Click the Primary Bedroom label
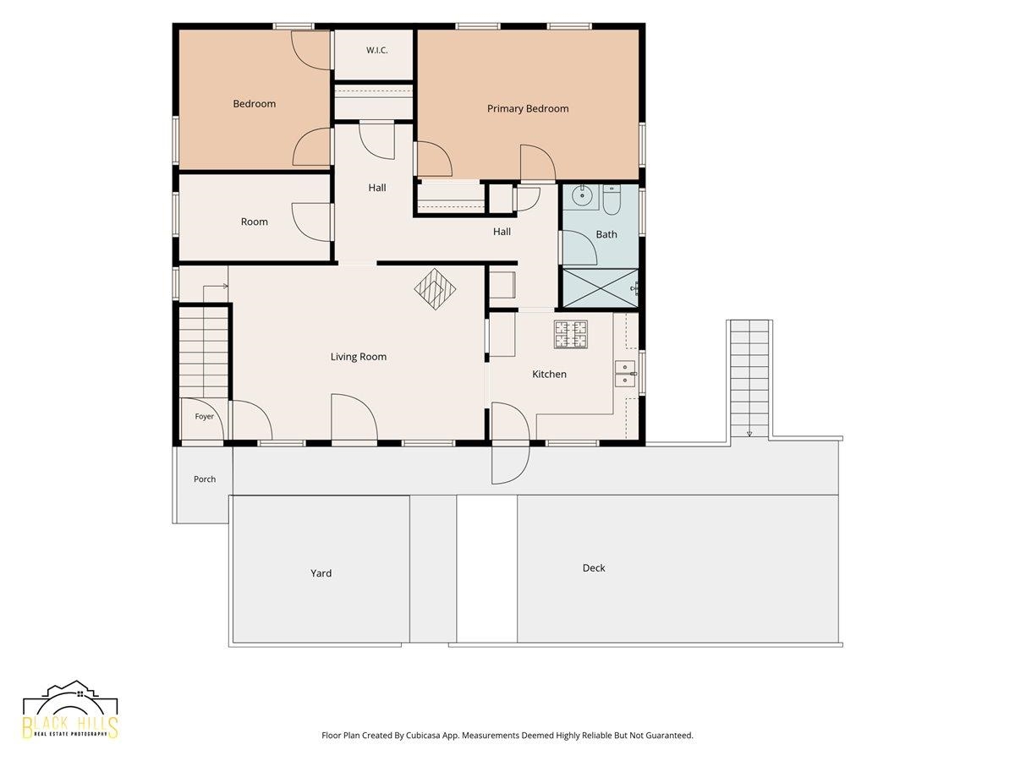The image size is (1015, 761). click(528, 108)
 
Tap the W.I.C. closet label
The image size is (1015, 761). click(377, 51)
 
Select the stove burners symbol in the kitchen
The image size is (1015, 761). click(571, 334)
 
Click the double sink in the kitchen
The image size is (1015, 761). click(626, 374)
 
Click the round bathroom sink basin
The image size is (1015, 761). click(581, 197)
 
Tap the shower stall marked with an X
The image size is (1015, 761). click(601, 287)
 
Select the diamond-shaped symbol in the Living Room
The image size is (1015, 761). click(435, 289)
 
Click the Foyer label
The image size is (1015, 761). click(205, 416)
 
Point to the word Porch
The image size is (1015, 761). click(205, 479)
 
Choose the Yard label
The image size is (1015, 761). click(321, 573)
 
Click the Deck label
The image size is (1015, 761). click(594, 568)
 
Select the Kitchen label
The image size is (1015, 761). click(549, 375)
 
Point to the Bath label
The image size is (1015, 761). click(606, 235)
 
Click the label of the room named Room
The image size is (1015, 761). click(255, 222)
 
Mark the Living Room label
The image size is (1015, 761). click(359, 357)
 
